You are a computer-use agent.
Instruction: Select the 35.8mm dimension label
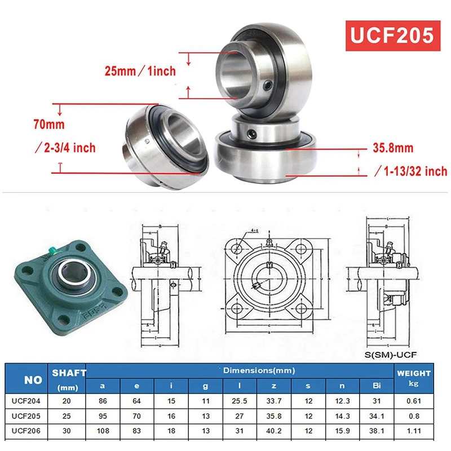click(x=393, y=148)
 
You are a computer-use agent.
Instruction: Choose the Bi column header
click(x=377, y=386)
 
